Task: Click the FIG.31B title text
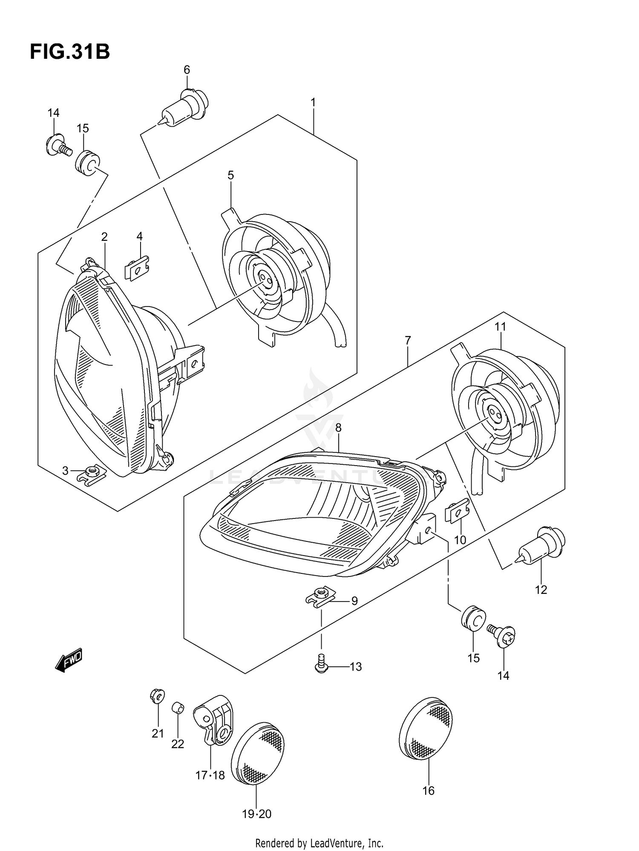coord(70,52)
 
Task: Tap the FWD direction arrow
coord(69,662)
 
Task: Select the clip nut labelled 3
coord(92,473)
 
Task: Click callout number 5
coord(230,175)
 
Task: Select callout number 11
coord(500,327)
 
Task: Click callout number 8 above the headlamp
coord(338,428)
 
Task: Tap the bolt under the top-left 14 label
coord(58,145)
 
